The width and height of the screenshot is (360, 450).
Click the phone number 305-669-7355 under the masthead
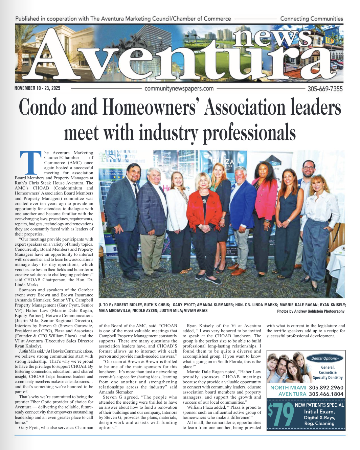tap(325, 89)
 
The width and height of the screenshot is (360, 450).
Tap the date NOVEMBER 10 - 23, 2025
tap(37, 88)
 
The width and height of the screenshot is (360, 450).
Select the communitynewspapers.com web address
tap(179, 89)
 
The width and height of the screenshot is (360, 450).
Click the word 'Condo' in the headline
tap(42, 108)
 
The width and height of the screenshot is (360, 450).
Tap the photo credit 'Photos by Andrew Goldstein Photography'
tap(311, 311)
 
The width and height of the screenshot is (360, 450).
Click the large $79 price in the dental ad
tap(281, 414)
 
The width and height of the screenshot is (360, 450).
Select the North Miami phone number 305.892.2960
tap(326, 388)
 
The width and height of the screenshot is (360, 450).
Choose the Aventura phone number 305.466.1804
tap(326, 394)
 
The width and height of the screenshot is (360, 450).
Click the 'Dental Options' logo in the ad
tap(324, 358)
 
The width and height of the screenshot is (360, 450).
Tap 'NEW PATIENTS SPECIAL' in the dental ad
tap(319, 405)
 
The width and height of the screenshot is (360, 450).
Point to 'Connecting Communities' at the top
tap(311, 19)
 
